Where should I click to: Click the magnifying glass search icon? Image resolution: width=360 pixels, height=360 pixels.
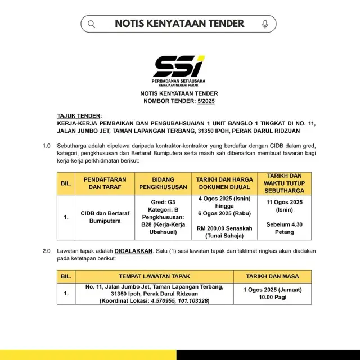pos(92,24)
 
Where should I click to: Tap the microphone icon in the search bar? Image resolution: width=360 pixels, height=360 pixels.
pos(265,24)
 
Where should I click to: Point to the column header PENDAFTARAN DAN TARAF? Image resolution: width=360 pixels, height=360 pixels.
pos(104,183)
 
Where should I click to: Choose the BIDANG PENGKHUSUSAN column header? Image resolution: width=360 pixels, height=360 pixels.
pos(163,183)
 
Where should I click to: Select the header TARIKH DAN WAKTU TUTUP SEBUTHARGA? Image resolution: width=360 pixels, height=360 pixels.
pos(283,183)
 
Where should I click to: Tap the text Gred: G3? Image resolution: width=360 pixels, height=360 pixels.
pos(163,201)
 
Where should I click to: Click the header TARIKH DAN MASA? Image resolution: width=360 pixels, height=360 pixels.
pos(272,277)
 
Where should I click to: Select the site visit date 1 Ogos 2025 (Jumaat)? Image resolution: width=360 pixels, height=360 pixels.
pos(272,290)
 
